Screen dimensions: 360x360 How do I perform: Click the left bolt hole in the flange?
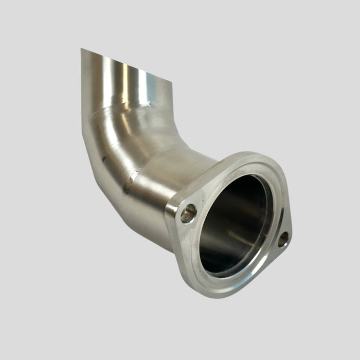tap(189, 212)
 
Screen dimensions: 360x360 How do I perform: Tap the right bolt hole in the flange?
tap(283, 239)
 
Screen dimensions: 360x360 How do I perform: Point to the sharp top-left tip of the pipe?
tap(81, 49)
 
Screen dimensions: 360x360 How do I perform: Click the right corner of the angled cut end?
tap(172, 82)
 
